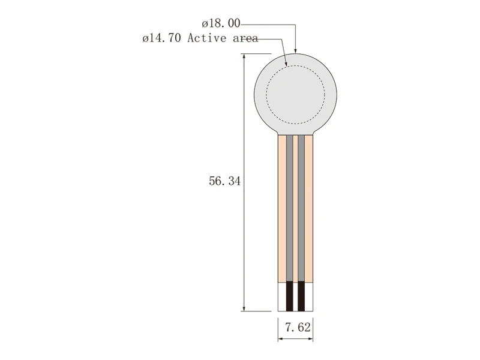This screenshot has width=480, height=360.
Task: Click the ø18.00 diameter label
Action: coord(221,23)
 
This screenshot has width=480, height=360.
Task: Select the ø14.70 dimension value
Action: coord(161,38)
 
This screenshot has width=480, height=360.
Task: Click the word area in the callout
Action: coord(245,38)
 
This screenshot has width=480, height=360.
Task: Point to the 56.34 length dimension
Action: coord(224,181)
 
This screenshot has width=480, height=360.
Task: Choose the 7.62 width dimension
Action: coord(298,328)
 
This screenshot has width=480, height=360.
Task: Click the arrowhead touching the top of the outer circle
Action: coord(295,51)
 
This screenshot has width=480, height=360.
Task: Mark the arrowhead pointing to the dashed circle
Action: coord(286,64)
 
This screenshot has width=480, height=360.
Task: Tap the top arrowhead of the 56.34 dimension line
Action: coord(244,56)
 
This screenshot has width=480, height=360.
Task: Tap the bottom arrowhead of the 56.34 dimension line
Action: coord(244,308)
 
